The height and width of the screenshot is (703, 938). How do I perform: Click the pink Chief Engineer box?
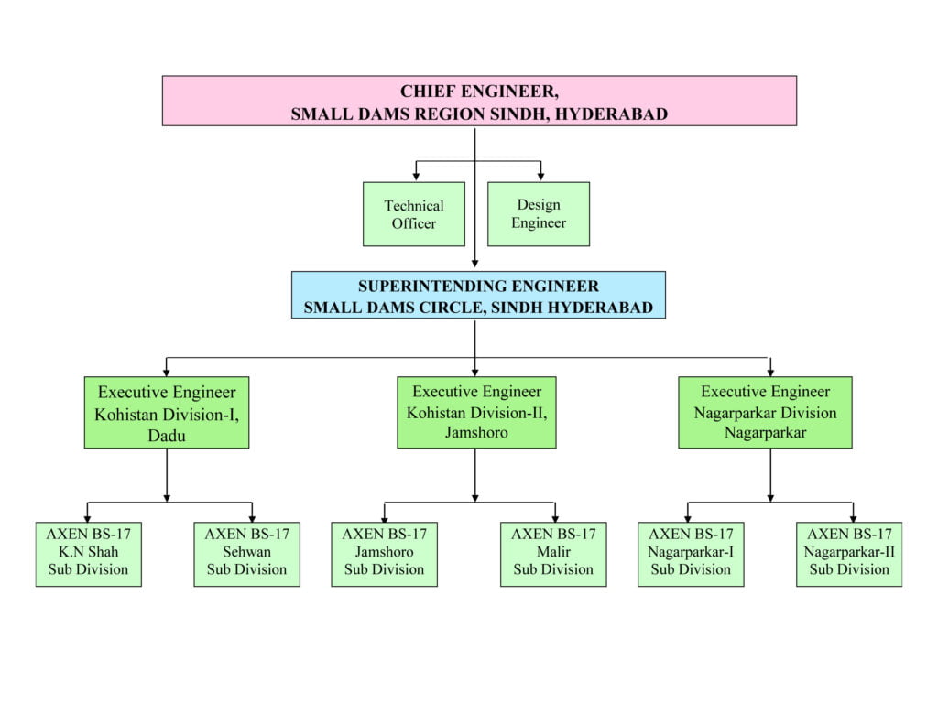(479, 101)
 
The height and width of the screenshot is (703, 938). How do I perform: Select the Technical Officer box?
(414, 214)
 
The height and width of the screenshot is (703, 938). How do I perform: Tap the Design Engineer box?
(539, 214)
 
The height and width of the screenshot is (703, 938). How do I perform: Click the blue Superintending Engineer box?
(478, 295)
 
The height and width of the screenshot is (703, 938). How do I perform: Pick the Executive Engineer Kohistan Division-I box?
(167, 413)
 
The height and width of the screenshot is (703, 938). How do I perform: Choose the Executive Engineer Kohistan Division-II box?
(476, 413)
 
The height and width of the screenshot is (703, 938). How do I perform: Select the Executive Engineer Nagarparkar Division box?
(765, 413)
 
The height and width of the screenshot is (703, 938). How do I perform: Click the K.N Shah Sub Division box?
(89, 554)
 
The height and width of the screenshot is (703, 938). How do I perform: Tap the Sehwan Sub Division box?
(246, 554)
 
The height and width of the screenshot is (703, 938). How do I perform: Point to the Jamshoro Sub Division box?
(384, 554)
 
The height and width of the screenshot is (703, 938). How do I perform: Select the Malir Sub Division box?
(553, 554)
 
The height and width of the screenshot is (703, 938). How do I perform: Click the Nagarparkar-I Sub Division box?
(691, 554)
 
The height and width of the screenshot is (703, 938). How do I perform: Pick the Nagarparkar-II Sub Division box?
(849, 554)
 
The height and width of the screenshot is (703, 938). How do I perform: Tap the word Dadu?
(167, 435)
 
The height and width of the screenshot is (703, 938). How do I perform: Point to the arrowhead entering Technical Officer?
(416, 177)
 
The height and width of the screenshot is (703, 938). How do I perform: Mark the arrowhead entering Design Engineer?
(540, 177)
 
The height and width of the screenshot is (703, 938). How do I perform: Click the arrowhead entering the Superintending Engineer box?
(475, 263)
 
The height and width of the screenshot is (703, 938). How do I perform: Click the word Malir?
(553, 551)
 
